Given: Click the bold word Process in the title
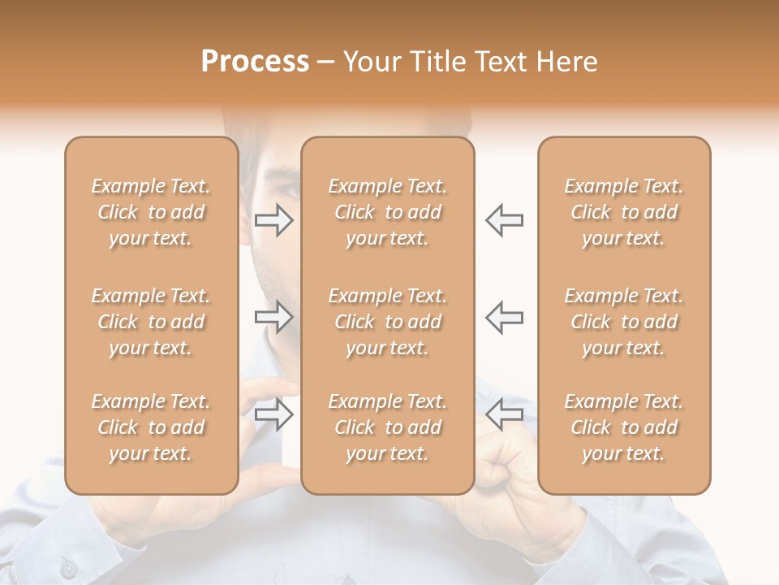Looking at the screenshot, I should pos(255,62).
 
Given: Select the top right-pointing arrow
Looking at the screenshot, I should pos(273,220).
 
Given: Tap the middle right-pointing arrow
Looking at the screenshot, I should pos(273,317).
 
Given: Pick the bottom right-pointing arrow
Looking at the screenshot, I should pos(273,414).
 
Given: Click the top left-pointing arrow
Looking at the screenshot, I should pos(504,220).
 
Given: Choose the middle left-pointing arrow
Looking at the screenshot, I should pos(504,317).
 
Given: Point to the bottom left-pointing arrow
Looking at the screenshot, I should pos(504,414).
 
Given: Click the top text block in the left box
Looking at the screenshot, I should pos(151,212).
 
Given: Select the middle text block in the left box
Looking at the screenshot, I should pos(151,322).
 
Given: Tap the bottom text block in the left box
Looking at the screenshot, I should pos(151,427).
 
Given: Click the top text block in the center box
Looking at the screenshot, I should pos(388,212).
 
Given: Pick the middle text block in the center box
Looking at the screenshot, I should pos(388,322).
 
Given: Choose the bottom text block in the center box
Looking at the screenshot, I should pos(388,427).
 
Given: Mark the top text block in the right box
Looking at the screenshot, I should pos(624,212).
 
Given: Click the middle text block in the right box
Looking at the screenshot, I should pos(624,322).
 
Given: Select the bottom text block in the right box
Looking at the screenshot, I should pos(624,427).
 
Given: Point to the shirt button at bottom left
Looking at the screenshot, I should pos(69,568).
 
